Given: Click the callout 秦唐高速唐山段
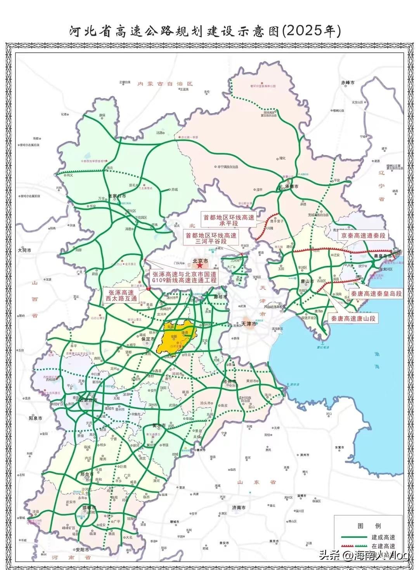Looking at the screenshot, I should (x=353, y=319).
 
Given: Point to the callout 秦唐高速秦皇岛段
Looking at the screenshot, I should (x=376, y=294).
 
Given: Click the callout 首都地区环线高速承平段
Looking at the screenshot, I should (x=229, y=220).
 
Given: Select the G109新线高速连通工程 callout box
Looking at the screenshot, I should (x=185, y=277).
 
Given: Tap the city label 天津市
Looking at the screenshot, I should (x=249, y=324).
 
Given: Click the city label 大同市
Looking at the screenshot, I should (x=24, y=251).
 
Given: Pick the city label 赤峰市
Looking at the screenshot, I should (x=348, y=83).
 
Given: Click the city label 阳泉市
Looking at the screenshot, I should (x=35, y=418).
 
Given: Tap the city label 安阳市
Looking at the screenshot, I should (x=82, y=549).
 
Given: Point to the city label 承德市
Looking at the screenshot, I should (x=291, y=186).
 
